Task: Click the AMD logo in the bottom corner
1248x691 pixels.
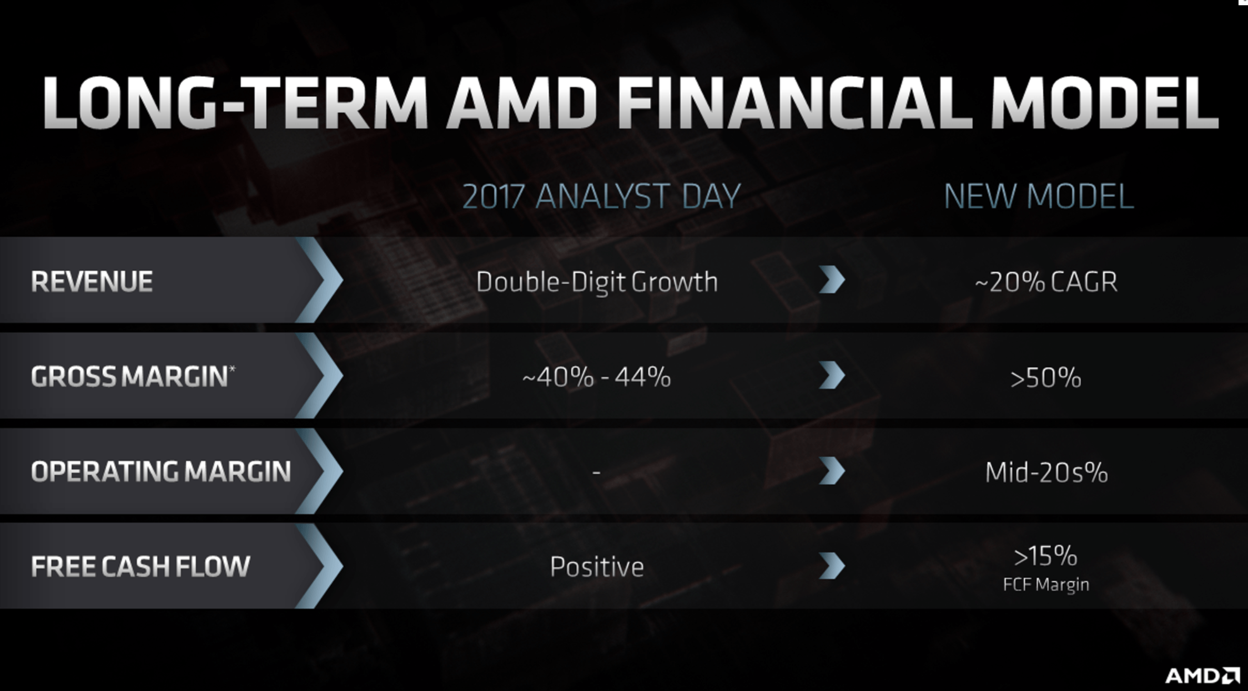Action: (1202, 675)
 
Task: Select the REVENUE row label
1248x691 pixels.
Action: (92, 281)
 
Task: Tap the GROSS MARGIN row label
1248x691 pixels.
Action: (129, 377)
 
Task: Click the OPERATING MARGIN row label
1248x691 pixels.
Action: (161, 471)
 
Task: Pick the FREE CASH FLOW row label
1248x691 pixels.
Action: (140, 566)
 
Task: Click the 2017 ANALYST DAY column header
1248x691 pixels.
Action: (601, 196)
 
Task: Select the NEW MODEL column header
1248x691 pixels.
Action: (1039, 196)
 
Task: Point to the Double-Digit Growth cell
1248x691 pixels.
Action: (597, 282)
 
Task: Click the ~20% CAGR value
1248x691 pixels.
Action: (1046, 282)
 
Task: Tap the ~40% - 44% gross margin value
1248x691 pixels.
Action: (597, 377)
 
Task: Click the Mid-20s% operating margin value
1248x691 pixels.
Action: (1046, 472)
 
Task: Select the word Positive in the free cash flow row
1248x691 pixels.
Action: (597, 567)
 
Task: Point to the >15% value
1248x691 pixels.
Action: (1045, 556)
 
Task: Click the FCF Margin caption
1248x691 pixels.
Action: (1046, 585)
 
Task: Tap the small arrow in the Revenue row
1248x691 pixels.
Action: (832, 279)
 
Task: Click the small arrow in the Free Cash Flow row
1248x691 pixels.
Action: (832, 566)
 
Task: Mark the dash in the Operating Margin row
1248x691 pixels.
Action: (596, 472)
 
